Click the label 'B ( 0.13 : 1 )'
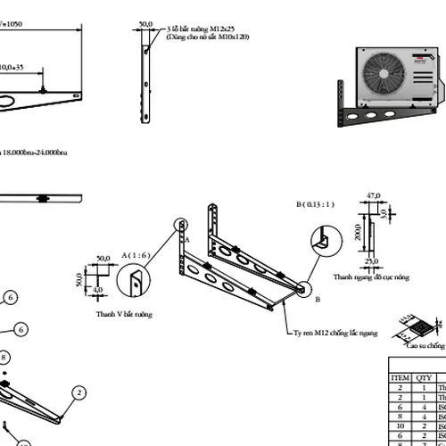point(317,204)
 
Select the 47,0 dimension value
point(374,194)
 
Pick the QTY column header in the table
point(423,377)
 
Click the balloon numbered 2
point(79,392)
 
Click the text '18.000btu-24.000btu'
point(36,153)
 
